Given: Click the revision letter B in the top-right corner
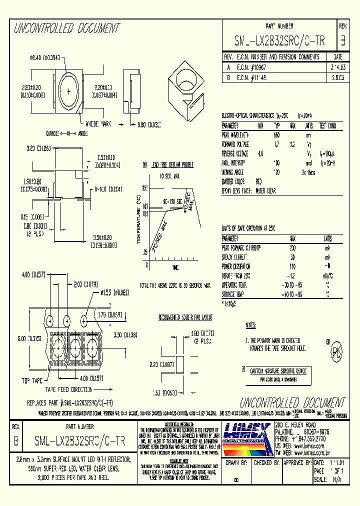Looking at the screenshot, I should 342,41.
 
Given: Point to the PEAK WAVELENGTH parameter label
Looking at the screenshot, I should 235,135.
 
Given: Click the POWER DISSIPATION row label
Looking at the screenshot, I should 236,266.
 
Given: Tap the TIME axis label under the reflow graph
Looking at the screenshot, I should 175,268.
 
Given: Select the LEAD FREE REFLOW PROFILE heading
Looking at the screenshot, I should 173,165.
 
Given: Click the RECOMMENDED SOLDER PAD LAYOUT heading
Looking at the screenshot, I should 185,317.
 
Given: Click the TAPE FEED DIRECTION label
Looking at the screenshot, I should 68,389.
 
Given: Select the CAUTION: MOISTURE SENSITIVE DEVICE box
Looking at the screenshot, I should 277,370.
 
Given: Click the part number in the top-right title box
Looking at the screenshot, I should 279,41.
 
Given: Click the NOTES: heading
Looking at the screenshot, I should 250,325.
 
